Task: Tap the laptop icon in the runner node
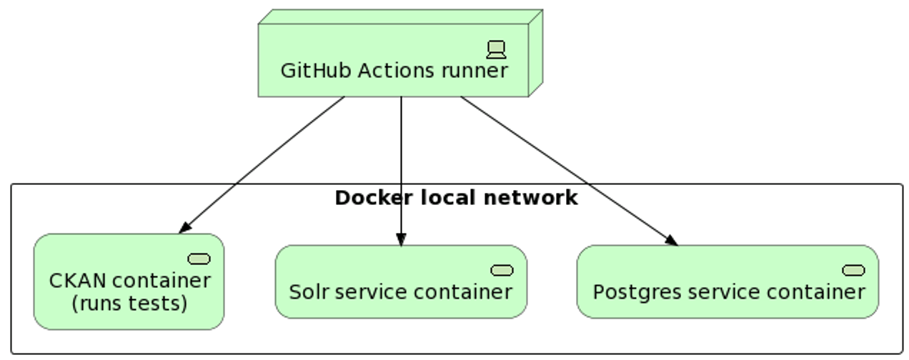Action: pyautogui.click(x=496, y=49)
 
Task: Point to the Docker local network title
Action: pyautogui.click(x=456, y=198)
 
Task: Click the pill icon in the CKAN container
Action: pyautogui.click(x=199, y=258)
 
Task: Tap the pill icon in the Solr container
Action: pyautogui.click(x=502, y=269)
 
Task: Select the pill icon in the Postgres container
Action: pyautogui.click(x=853, y=269)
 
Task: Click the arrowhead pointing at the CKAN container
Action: pyautogui.click(x=184, y=227)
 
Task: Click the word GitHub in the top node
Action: pyautogui.click(x=316, y=71)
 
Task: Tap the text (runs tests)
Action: pyautogui.click(x=129, y=304)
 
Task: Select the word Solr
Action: pyautogui.click(x=307, y=292)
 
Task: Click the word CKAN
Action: pyautogui.click(x=75, y=281)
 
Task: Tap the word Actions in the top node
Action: pyautogui.click(x=397, y=71)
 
